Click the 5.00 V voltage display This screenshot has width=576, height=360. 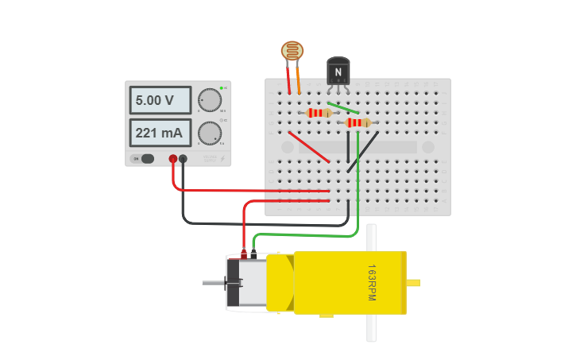(160, 100)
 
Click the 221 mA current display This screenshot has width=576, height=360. (160, 133)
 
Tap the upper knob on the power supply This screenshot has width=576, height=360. (210, 100)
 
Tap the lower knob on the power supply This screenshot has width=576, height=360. (210, 133)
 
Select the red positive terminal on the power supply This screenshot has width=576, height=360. (172, 159)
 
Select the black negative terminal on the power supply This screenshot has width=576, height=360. (184, 159)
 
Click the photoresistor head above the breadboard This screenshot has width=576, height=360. (292, 51)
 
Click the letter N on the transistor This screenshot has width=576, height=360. (338, 72)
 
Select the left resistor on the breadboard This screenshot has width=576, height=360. (319, 113)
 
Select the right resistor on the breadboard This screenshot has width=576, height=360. (358, 122)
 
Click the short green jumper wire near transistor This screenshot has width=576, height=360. (342, 107)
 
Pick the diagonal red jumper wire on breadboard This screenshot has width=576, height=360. (309, 147)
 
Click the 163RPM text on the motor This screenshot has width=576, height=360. (371, 282)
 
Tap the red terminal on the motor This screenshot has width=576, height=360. (243, 255)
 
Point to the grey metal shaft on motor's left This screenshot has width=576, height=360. (213, 283)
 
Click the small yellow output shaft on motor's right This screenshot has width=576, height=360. (413, 282)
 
